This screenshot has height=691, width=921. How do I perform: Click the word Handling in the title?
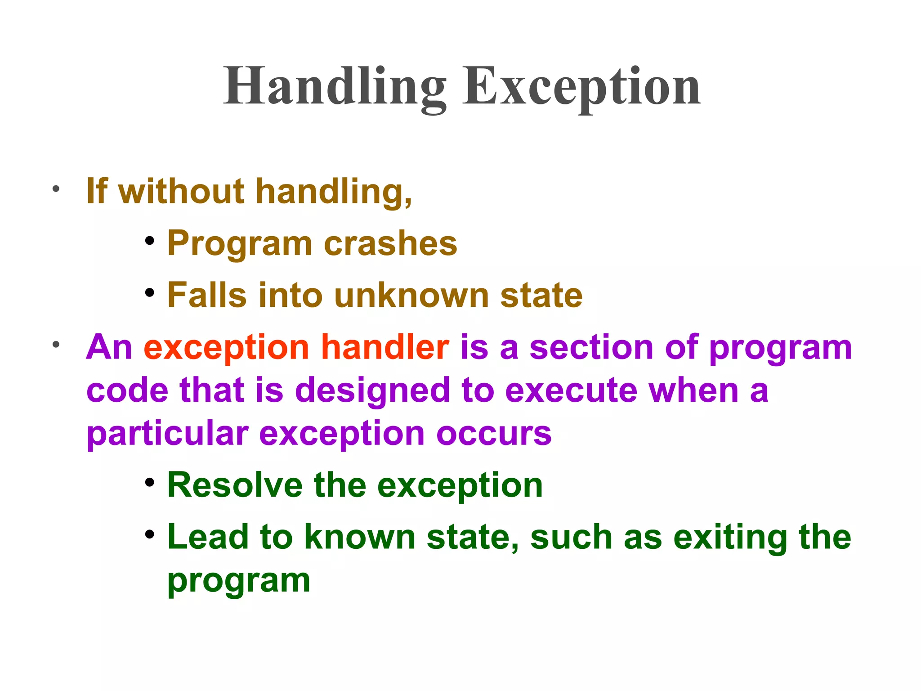point(335,86)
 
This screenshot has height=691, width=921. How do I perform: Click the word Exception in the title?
point(581,86)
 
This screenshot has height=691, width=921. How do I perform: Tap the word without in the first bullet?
point(181,191)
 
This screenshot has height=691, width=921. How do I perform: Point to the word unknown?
point(411,296)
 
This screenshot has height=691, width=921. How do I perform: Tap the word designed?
point(372,390)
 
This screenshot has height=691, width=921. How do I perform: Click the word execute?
point(571,390)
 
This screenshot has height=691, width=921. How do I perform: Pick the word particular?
point(167,434)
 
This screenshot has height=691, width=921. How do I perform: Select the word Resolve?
point(235,485)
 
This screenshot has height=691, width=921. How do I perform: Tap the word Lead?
point(208,537)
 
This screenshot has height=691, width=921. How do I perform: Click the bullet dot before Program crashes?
point(150,241)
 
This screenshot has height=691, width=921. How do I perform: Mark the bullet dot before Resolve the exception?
point(150,483)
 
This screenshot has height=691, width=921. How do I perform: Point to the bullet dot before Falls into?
point(150,293)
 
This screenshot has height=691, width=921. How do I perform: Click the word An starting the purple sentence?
point(109,347)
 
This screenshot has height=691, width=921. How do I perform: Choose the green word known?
point(360,537)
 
